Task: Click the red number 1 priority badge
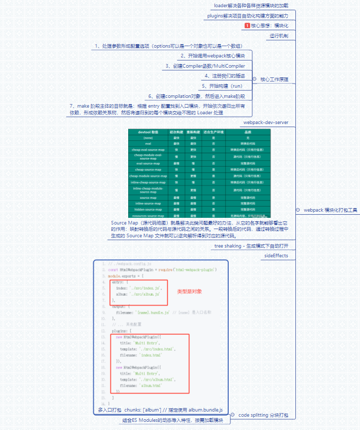tap(248, 26)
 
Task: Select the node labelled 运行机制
tap(279, 36)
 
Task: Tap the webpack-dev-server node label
tap(266, 123)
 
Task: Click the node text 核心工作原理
tap(274, 79)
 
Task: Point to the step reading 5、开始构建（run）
tap(222, 86)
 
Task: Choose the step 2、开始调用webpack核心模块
tap(212, 55)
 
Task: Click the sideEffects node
tap(276, 255)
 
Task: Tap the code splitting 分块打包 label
tap(264, 414)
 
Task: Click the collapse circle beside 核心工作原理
tap(254, 79)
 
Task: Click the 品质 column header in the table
tap(248, 132)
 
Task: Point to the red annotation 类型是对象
tap(190, 292)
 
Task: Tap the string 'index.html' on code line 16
tap(149, 355)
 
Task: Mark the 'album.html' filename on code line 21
tap(149, 385)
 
